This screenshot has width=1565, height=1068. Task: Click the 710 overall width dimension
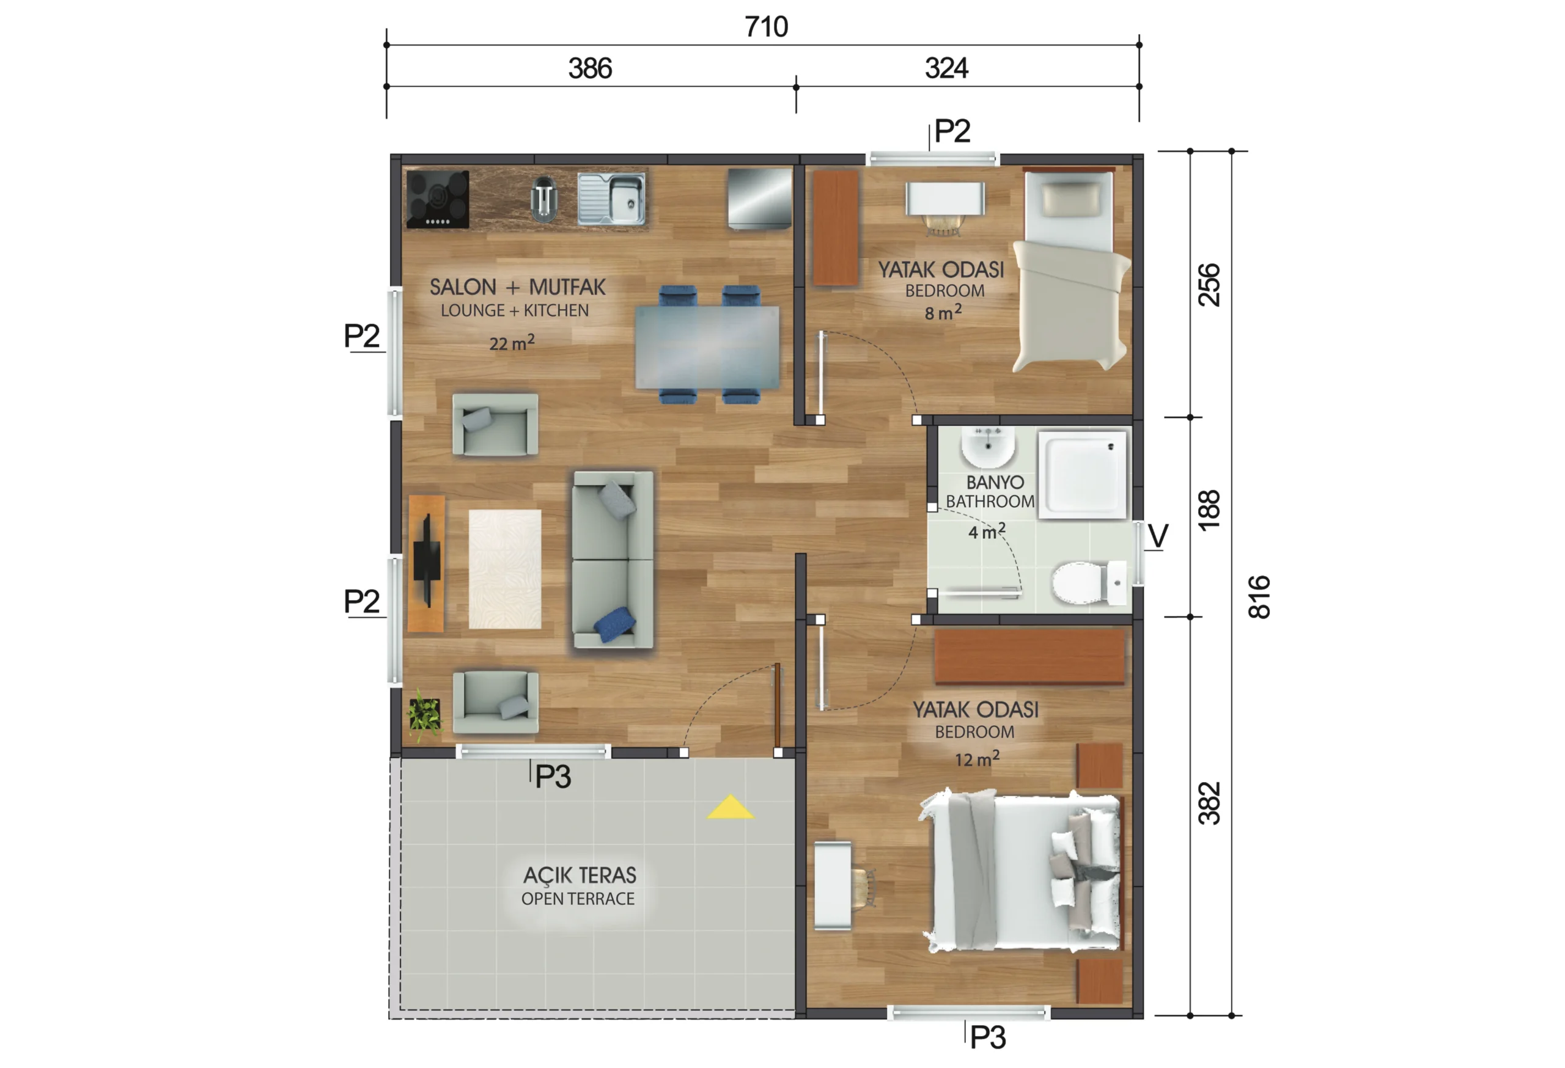click(x=767, y=27)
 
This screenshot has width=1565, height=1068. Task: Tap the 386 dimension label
click(x=590, y=68)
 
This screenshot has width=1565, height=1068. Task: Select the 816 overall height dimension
click(x=1259, y=597)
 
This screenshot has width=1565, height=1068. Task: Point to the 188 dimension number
click(x=1209, y=510)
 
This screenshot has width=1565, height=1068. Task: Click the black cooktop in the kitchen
click(x=438, y=199)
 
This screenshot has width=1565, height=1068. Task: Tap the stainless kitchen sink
click(x=611, y=199)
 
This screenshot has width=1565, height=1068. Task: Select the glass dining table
click(x=707, y=347)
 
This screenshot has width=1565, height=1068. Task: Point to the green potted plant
click(x=425, y=715)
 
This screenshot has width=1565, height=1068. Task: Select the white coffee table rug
click(x=505, y=569)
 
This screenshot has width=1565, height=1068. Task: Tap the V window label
click(x=1158, y=536)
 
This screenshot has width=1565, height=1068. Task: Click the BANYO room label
click(x=995, y=483)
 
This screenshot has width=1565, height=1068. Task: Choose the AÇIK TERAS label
click(x=580, y=876)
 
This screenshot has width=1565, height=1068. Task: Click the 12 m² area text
click(x=977, y=759)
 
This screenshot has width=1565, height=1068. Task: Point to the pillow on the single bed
click(x=1070, y=200)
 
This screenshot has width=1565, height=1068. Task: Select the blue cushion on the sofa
click(x=614, y=624)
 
